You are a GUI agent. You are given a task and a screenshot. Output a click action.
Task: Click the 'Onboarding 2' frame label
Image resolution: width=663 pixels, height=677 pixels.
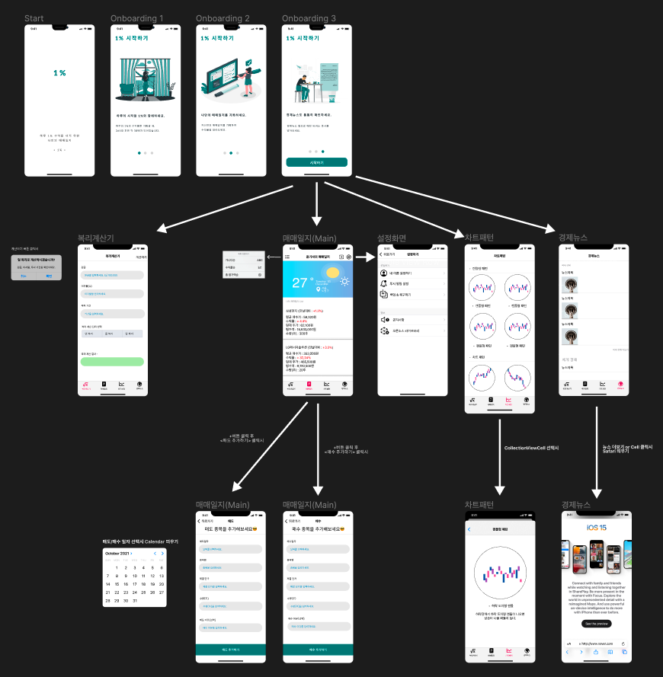[x=223, y=18]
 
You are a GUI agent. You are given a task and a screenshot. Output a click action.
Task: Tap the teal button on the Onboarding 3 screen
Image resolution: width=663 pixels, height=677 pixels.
[x=316, y=162]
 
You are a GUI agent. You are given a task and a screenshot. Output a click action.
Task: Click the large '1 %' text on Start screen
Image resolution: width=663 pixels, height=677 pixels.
[x=59, y=73]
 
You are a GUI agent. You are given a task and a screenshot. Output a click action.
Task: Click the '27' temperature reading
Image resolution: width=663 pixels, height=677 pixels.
[x=303, y=285]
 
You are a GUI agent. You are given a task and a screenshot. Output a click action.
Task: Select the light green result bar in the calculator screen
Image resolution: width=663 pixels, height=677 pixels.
[x=111, y=362]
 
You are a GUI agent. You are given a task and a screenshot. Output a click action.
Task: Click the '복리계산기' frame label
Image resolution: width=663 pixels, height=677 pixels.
[x=101, y=238]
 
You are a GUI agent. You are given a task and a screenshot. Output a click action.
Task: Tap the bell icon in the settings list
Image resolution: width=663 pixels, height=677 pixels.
[x=383, y=283]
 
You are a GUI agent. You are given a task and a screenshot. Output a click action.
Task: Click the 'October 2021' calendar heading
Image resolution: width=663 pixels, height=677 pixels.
[x=118, y=554]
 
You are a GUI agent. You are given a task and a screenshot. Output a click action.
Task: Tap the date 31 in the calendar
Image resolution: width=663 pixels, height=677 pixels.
[x=134, y=600]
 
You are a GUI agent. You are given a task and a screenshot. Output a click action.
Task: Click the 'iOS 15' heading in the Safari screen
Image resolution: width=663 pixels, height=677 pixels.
[x=596, y=528]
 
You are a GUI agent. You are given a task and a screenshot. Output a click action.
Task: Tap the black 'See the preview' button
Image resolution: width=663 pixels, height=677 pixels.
[x=597, y=623]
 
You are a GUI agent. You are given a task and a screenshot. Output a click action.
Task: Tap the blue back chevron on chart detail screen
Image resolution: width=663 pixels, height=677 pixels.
[x=469, y=529]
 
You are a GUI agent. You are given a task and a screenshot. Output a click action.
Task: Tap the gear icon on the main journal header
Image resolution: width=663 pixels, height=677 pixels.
[x=349, y=257]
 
